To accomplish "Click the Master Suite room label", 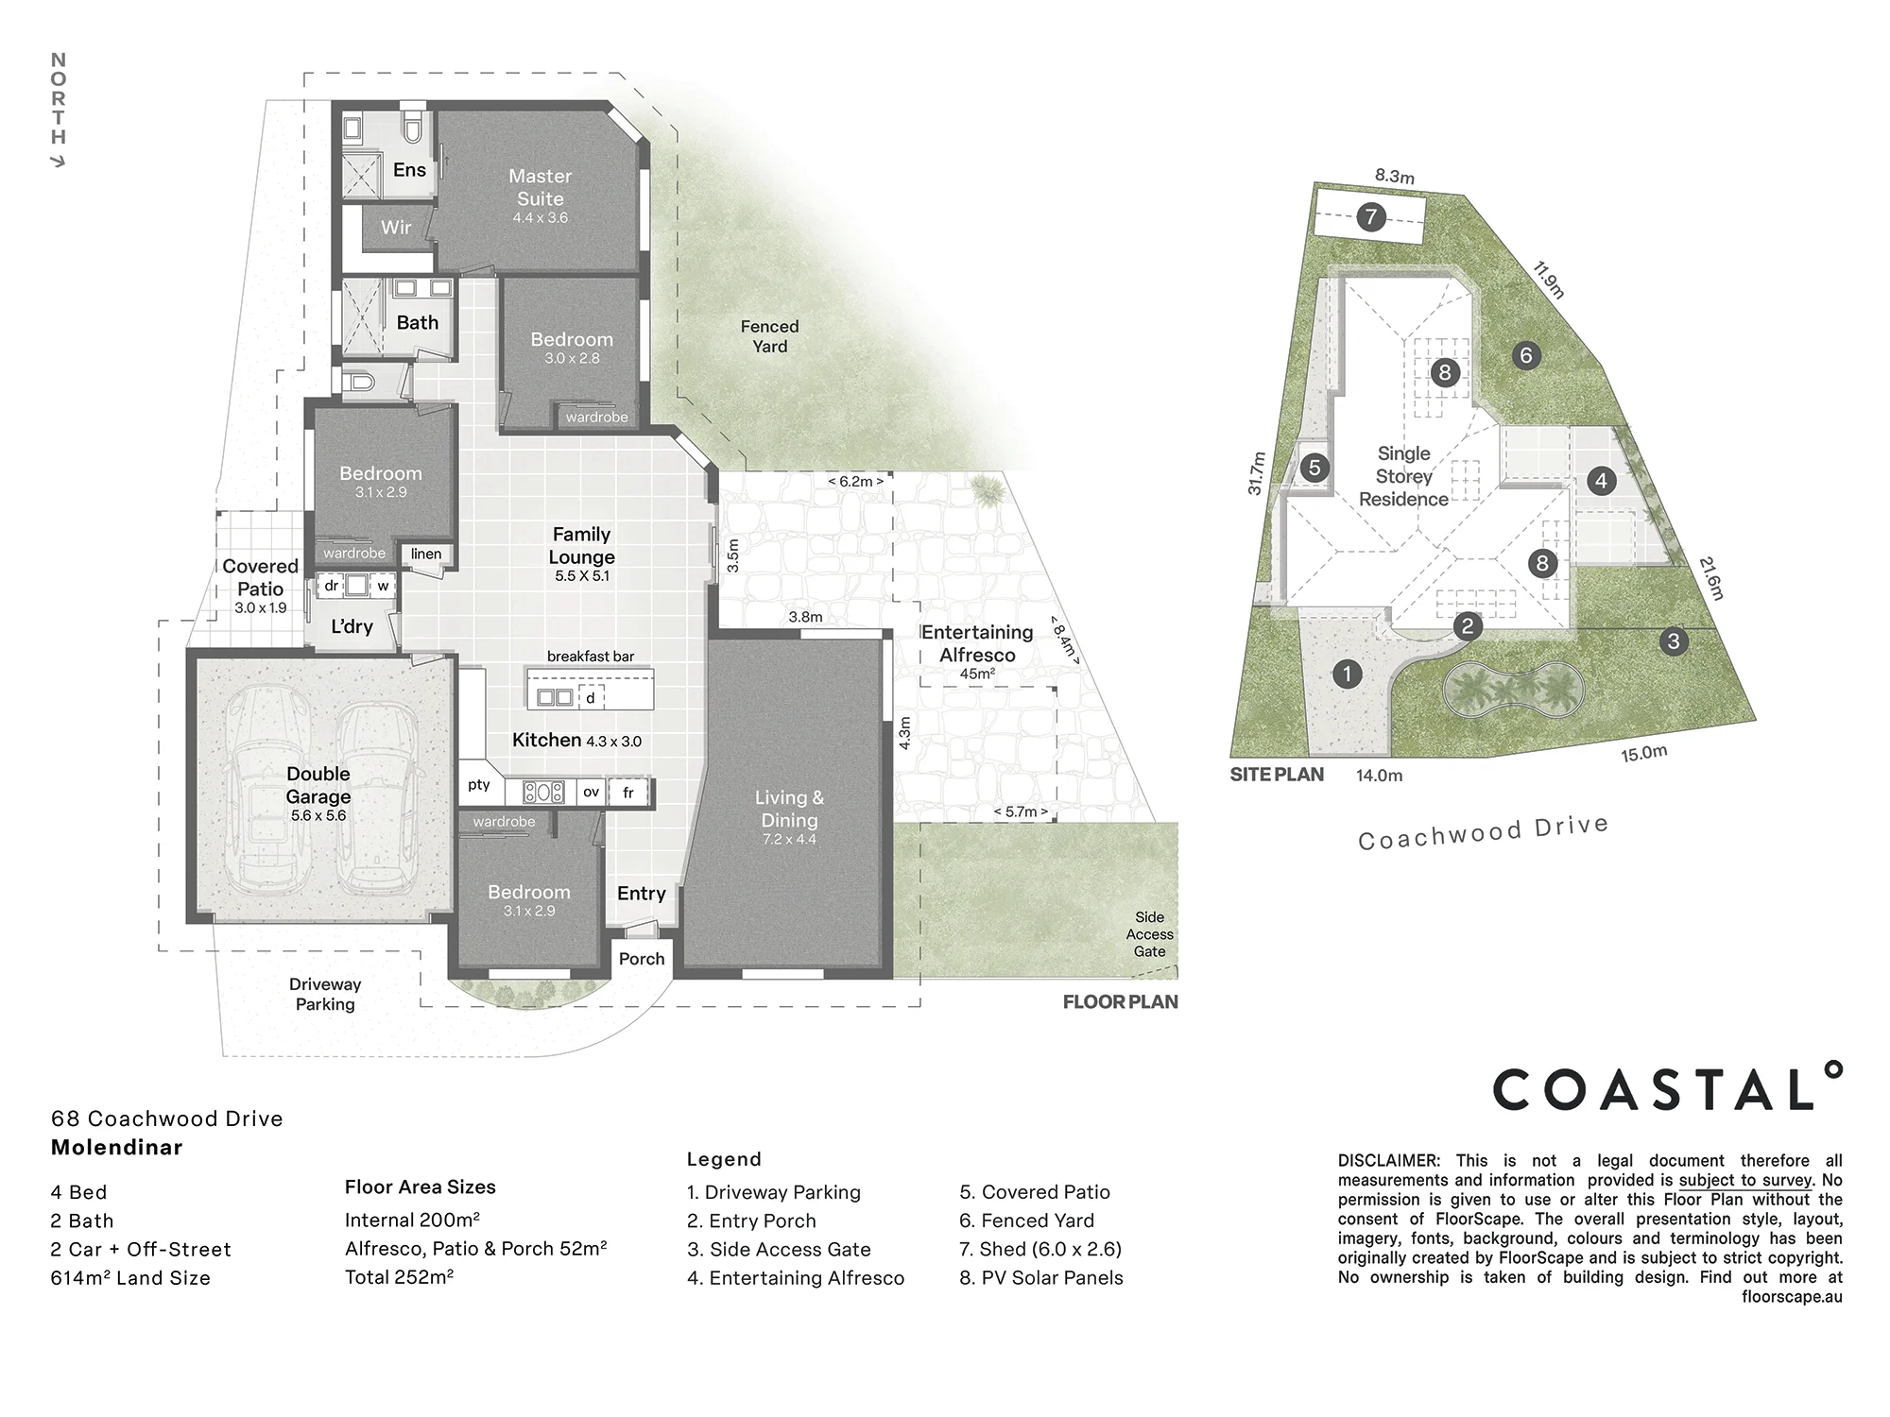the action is (x=540, y=187).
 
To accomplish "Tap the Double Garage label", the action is (x=318, y=785).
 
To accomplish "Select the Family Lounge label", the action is (x=582, y=546).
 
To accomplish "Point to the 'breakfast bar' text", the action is (x=591, y=657).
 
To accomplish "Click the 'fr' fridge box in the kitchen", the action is (x=629, y=793).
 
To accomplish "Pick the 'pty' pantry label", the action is (x=479, y=785).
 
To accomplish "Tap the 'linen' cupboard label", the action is (x=426, y=554).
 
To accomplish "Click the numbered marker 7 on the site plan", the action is (x=1371, y=217).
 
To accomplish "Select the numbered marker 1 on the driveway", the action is (x=1347, y=674).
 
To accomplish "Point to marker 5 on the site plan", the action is (x=1314, y=468).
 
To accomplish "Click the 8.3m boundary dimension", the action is (x=1395, y=177).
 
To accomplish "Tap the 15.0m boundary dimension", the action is (x=1644, y=754).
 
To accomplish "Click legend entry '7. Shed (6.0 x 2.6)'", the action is (x=1040, y=1249).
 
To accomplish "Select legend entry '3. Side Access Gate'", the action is (x=779, y=1249).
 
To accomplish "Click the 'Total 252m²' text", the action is (x=399, y=1277).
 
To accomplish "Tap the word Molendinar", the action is (x=117, y=1148).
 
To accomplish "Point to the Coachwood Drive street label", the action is (x=1483, y=833).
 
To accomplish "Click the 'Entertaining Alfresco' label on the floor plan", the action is (x=977, y=643).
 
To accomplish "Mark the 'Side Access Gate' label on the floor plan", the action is (x=1149, y=934).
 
